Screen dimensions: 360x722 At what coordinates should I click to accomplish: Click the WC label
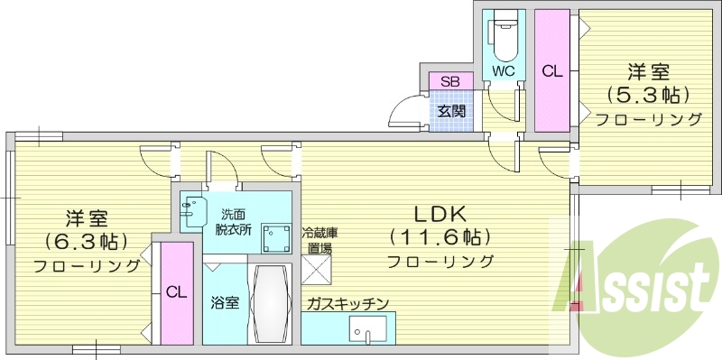click(502, 69)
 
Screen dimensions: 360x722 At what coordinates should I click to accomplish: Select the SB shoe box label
click(449, 82)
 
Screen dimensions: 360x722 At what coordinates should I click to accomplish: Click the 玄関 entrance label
click(451, 112)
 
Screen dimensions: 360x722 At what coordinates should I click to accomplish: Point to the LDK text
click(439, 216)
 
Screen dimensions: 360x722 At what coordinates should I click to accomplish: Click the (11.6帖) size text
click(440, 238)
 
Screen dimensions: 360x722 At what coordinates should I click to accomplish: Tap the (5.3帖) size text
click(647, 94)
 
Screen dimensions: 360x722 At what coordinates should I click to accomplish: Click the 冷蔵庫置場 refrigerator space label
click(318, 239)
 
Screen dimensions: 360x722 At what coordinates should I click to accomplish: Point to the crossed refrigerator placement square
click(319, 270)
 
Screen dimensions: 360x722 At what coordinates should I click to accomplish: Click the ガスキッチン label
click(347, 303)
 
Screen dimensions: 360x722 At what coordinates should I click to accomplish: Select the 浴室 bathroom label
click(226, 302)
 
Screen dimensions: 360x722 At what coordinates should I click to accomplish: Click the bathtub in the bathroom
click(270, 304)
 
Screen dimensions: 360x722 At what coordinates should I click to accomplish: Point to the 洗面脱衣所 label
click(238, 222)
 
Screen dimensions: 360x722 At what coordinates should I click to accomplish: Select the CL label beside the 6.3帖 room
click(177, 291)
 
